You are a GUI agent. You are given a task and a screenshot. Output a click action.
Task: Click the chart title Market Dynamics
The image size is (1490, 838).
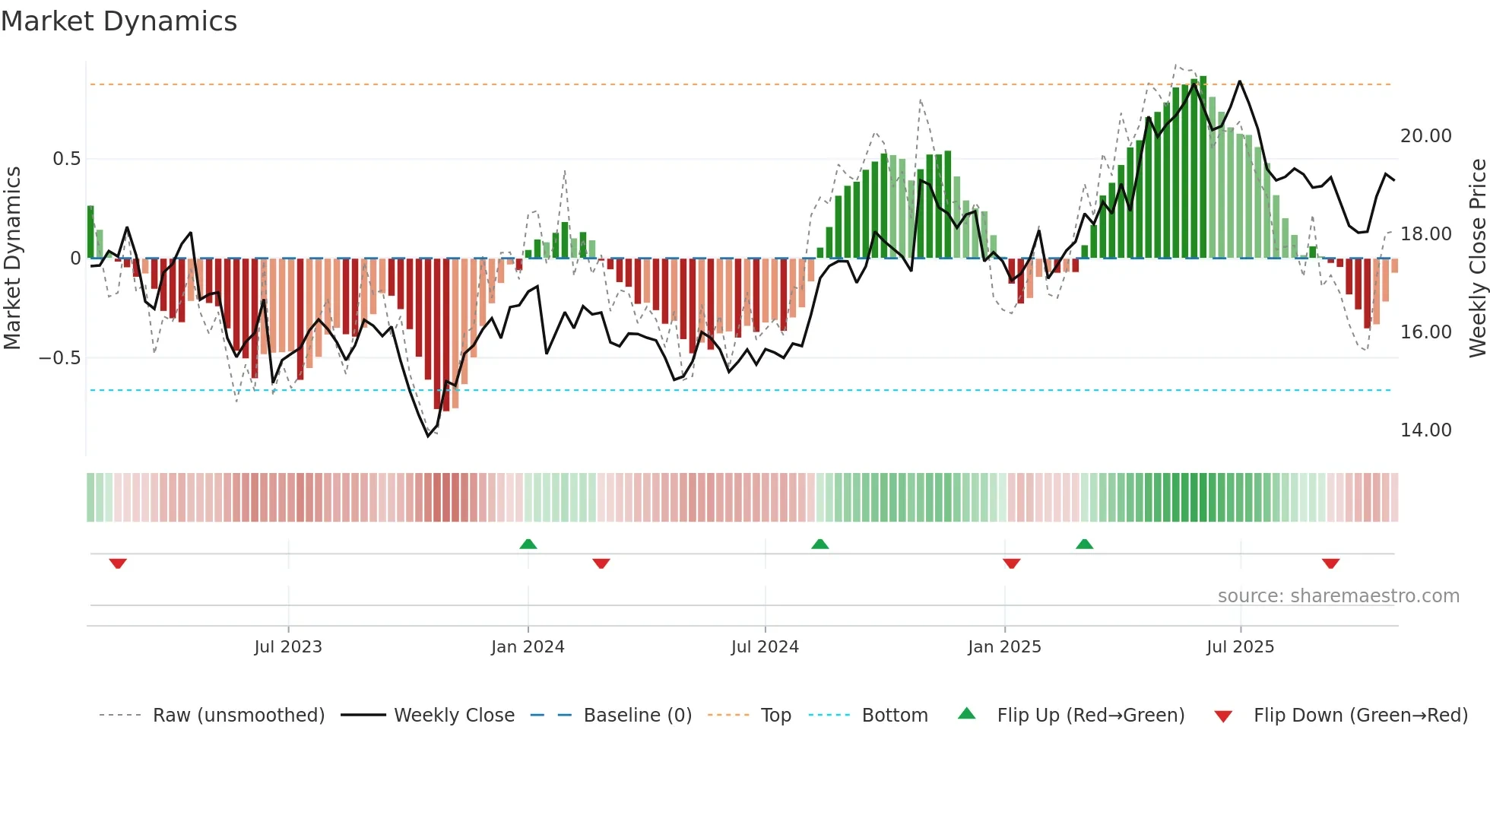pyautogui.click(x=119, y=21)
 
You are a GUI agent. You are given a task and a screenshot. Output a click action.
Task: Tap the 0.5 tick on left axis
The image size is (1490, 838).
pyautogui.click(x=66, y=159)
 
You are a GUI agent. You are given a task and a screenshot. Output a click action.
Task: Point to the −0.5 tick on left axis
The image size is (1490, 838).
pyautogui.click(x=60, y=357)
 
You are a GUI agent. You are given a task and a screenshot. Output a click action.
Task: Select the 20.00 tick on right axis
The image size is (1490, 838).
pyautogui.click(x=1425, y=136)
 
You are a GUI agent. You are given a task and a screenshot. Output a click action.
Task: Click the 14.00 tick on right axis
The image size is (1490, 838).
pyautogui.click(x=1425, y=430)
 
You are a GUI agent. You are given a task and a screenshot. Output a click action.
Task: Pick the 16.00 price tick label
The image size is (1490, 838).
pyautogui.click(x=1425, y=332)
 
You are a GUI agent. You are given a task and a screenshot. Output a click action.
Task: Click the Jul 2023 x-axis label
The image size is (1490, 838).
pyautogui.click(x=288, y=647)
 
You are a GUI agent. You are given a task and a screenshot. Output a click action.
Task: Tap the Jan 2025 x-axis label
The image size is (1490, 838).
pyautogui.click(x=1004, y=647)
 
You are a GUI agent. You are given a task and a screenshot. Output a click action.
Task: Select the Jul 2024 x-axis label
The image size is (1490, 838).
pyautogui.click(x=765, y=647)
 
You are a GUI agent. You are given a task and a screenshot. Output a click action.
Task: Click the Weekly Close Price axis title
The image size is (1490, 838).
pyautogui.click(x=1477, y=258)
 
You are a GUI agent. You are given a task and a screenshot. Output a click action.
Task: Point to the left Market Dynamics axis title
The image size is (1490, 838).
pyautogui.click(x=12, y=258)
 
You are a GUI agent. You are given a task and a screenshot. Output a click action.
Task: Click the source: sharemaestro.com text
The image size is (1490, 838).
pyautogui.click(x=1338, y=596)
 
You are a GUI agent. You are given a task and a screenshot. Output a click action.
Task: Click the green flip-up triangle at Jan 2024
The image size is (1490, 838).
pyautogui.click(x=528, y=544)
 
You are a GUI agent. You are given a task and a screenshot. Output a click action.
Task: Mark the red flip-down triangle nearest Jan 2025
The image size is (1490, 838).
pyautogui.click(x=1011, y=563)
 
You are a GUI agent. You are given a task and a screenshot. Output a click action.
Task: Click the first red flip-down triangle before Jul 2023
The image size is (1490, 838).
pyautogui.click(x=118, y=563)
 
